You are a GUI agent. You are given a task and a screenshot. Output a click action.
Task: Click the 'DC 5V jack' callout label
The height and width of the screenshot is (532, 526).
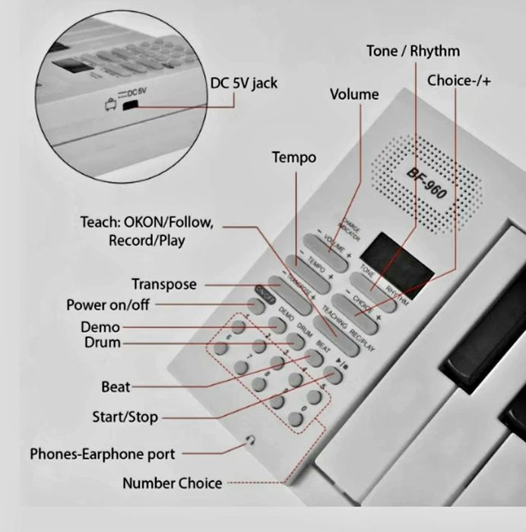point(243,83)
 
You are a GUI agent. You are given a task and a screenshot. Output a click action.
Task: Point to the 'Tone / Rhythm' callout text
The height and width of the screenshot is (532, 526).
point(413,52)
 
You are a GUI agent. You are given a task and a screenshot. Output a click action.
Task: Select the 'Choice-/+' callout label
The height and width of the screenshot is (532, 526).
point(459,80)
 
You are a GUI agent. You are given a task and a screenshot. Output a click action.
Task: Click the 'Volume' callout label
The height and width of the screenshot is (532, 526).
point(353,94)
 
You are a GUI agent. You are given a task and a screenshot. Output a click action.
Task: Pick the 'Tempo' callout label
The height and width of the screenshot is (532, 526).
point(294,158)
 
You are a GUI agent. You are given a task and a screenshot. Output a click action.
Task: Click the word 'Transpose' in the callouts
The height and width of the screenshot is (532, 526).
point(163,284)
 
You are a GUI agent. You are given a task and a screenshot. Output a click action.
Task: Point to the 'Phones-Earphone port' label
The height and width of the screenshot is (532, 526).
point(102,454)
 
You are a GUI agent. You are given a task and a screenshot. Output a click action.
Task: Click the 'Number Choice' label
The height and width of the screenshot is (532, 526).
point(173,483)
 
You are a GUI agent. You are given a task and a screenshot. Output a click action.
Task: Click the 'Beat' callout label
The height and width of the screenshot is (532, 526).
point(116,387)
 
